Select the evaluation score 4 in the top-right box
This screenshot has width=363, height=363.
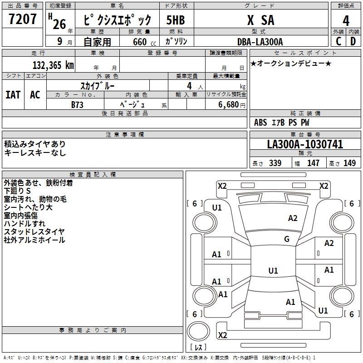click(x=346, y=20)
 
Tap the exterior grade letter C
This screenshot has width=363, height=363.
click(x=338, y=41)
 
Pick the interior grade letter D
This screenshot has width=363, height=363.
click(x=353, y=41)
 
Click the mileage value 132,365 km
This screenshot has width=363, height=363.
click(x=53, y=65)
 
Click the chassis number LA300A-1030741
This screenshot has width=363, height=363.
click(x=305, y=145)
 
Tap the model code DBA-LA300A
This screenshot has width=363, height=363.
click(x=260, y=42)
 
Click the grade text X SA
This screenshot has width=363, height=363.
click(x=260, y=20)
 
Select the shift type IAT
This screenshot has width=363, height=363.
click(x=13, y=94)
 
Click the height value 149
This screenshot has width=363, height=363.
click(x=349, y=163)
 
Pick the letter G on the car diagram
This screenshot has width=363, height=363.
click(x=287, y=239)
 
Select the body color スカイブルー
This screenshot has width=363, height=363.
click(x=98, y=86)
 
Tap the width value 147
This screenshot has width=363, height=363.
click(x=313, y=163)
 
